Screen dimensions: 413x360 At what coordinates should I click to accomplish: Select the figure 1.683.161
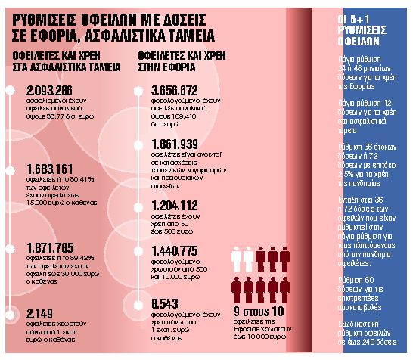[x=49, y=168]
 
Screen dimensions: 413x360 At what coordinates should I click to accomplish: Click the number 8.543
[x=166, y=303]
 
